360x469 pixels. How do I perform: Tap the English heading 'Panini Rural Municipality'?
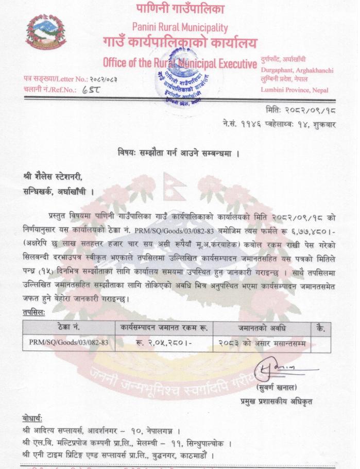click(x=180, y=27)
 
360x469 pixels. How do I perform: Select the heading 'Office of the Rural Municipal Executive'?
click(x=180, y=63)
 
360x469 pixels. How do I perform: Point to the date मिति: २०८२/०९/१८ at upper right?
click(x=301, y=111)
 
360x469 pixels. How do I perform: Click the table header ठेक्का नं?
click(x=68, y=328)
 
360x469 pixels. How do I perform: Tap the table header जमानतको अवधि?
click(x=262, y=328)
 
